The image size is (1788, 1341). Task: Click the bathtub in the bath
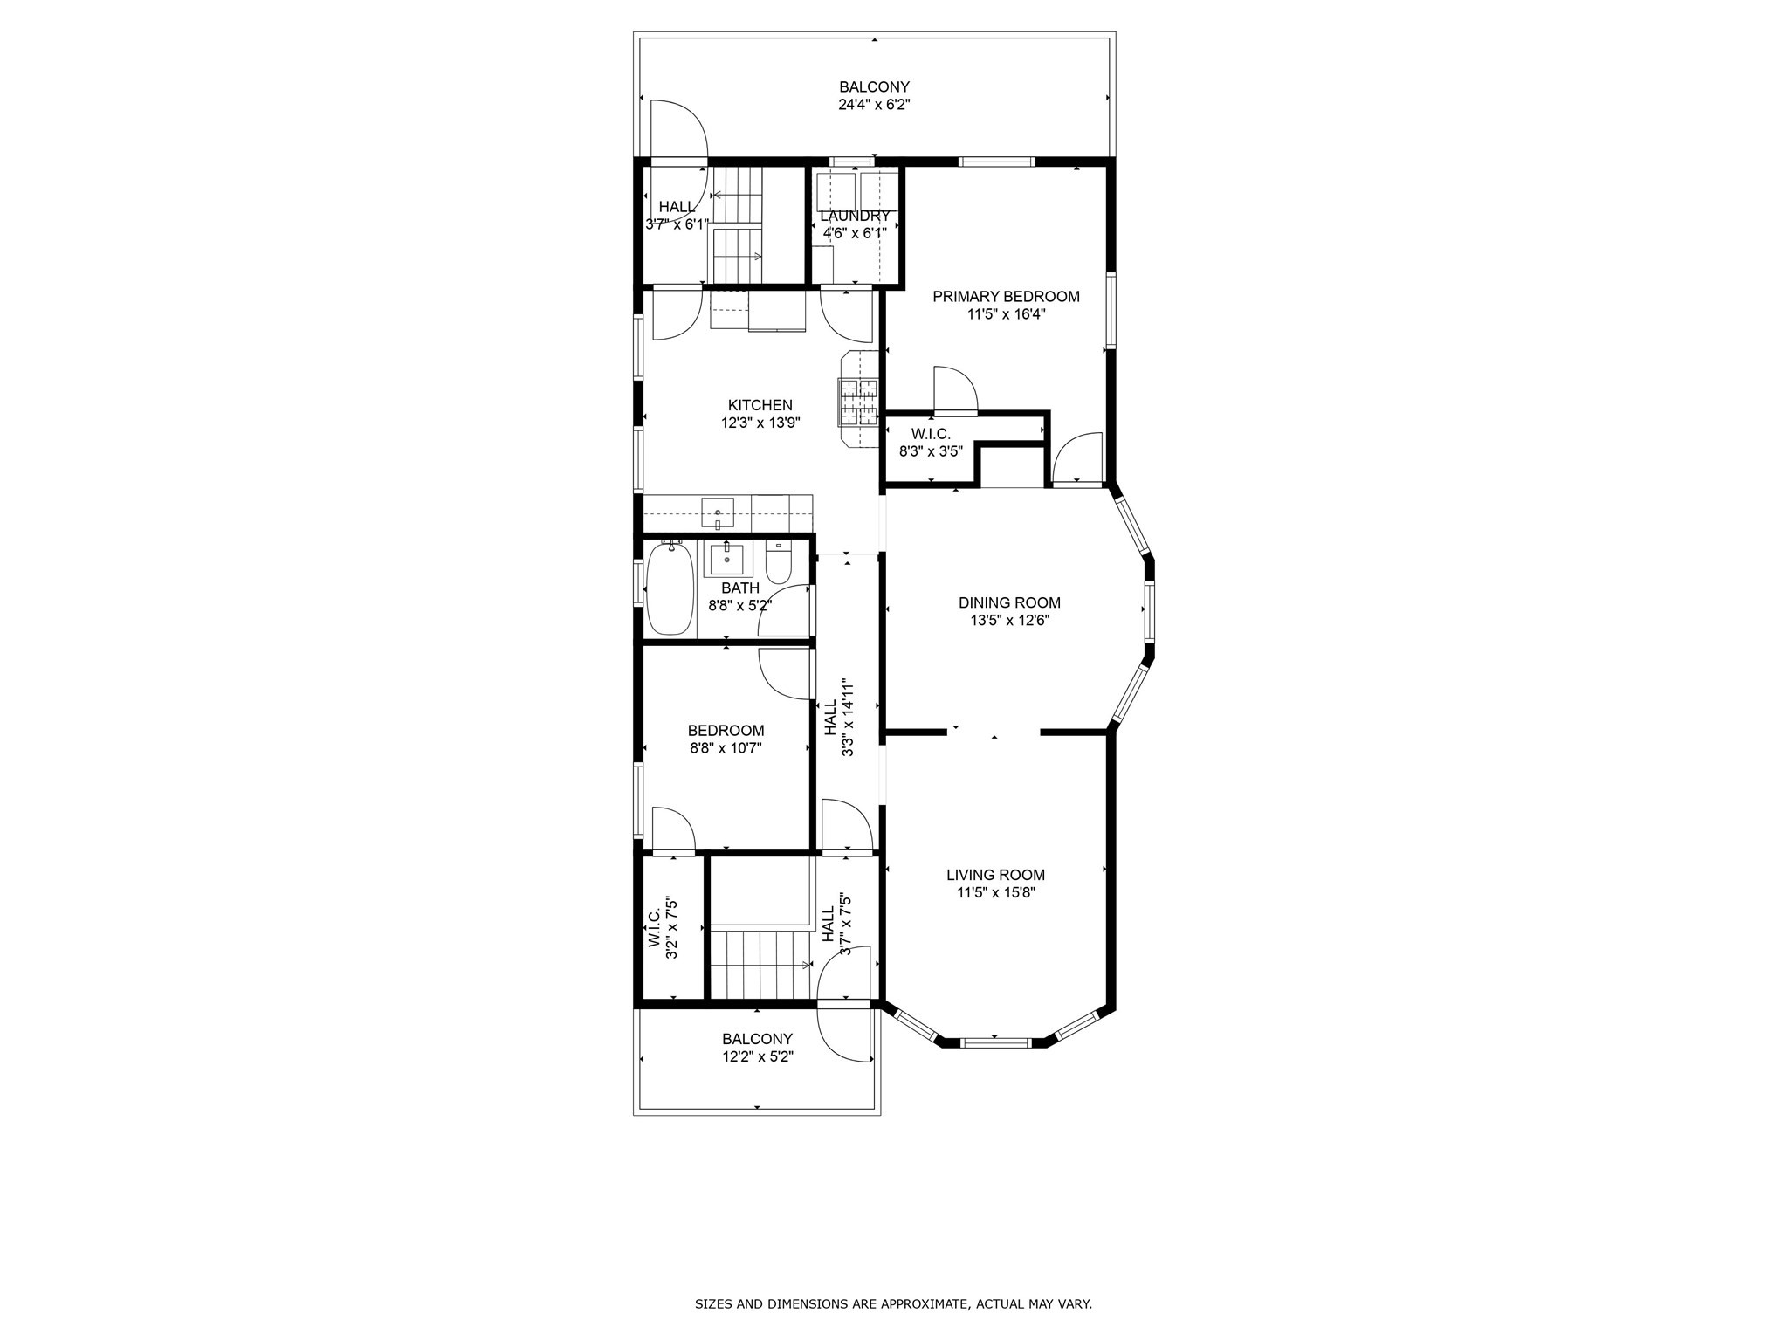point(670,589)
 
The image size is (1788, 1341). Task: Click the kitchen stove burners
point(857,401)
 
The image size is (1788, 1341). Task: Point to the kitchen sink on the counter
point(718,512)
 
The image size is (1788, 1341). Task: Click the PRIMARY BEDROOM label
point(1006,297)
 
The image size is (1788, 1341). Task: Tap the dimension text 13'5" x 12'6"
point(1009,621)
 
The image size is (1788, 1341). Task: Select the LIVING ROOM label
point(995,875)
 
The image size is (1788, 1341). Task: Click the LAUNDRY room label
point(855,216)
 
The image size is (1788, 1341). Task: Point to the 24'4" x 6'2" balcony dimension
point(874,105)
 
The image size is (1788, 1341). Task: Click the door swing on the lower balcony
point(844,1035)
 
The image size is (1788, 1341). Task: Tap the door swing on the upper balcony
point(677,131)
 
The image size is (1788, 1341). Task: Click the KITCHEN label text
point(760,405)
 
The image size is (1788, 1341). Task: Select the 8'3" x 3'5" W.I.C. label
point(931,451)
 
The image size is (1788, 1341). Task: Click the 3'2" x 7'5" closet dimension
point(672,928)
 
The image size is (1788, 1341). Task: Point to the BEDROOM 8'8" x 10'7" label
point(726,739)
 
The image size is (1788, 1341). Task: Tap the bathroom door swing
point(787,611)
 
